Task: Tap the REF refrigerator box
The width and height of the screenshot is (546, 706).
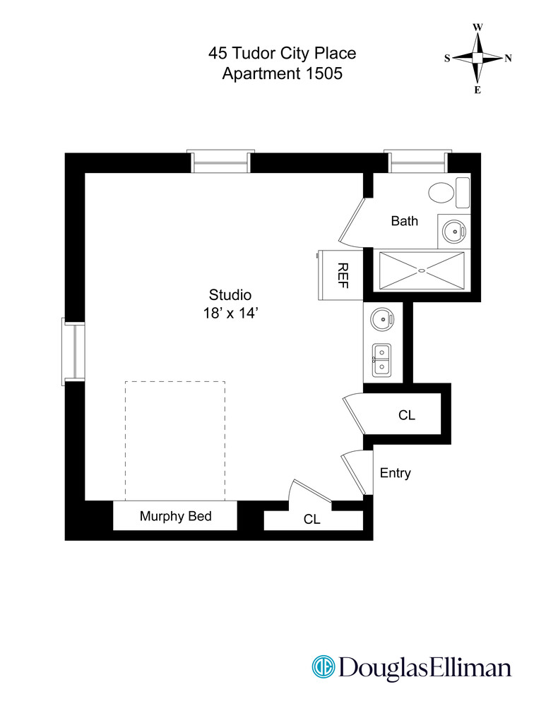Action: [343, 274]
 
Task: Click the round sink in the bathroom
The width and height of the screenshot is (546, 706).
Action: [452, 229]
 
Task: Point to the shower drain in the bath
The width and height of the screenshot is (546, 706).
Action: [422, 270]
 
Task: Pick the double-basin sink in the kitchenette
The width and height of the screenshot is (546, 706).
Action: [382, 359]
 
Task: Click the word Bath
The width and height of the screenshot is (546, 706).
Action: [404, 221]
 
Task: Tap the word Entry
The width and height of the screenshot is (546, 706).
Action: [395, 473]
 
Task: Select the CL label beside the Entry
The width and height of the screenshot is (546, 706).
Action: [406, 416]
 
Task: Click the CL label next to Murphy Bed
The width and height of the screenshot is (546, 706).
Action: [311, 519]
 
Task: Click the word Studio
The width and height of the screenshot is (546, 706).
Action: [230, 295]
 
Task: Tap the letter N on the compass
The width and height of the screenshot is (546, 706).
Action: [508, 59]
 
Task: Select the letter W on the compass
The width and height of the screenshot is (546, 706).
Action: [477, 28]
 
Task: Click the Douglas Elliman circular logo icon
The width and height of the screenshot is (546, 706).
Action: [324, 667]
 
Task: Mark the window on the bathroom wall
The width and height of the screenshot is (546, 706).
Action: [417, 162]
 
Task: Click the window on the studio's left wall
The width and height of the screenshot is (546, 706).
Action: [73, 352]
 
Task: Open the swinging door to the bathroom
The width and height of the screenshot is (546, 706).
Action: [352, 223]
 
